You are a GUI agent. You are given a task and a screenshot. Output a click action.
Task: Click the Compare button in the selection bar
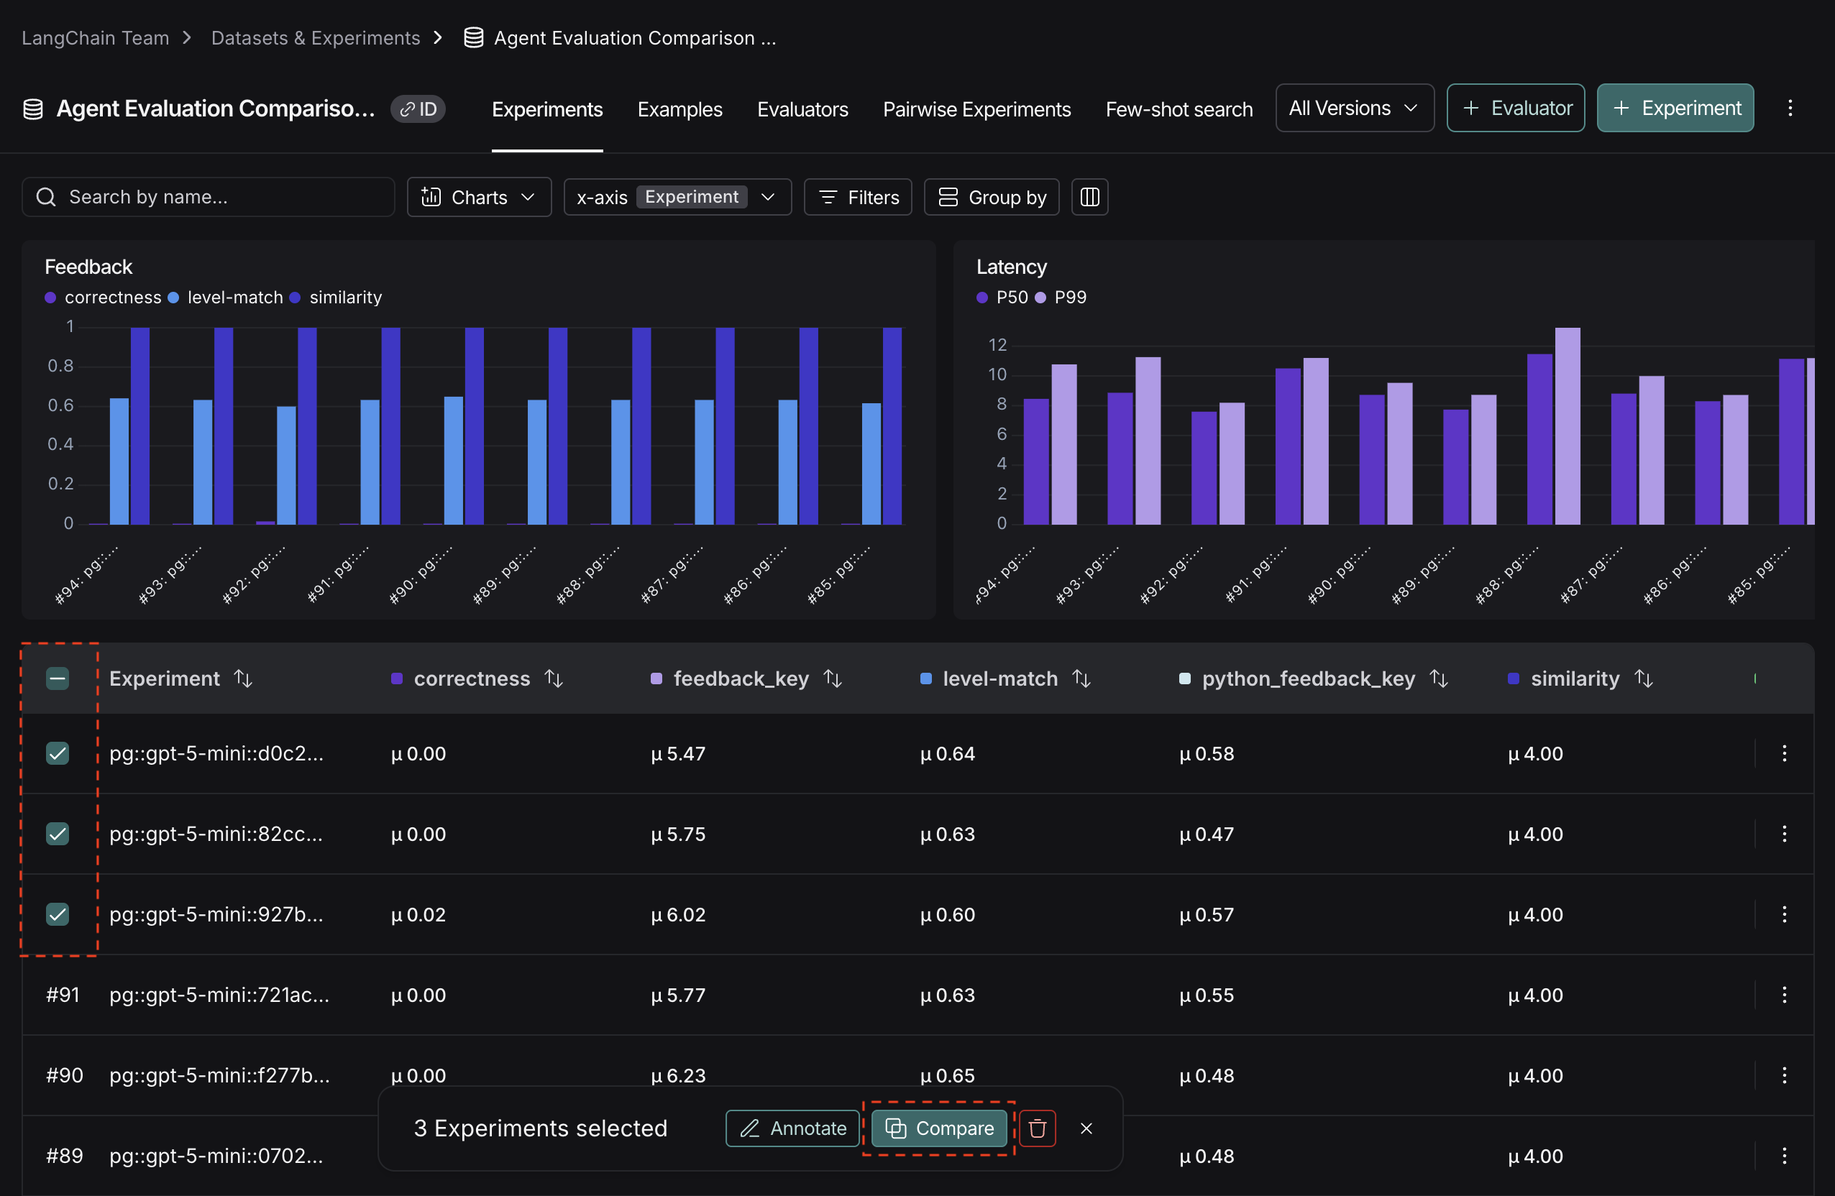point(938,1128)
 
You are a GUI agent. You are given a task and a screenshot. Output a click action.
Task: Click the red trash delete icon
point(1037,1128)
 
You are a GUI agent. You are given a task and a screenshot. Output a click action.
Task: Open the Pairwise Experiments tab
point(976,109)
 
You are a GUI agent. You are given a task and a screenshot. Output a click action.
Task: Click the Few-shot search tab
point(1178,109)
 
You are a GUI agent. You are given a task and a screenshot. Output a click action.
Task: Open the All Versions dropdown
point(1354,108)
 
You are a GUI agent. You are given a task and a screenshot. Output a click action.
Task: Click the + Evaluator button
point(1515,108)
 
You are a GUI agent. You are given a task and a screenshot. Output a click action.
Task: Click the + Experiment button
point(1675,108)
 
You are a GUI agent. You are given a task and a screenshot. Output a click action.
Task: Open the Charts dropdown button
point(479,197)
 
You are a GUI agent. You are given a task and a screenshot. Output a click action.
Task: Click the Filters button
point(857,197)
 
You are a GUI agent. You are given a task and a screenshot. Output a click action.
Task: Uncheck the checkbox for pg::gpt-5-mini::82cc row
point(58,834)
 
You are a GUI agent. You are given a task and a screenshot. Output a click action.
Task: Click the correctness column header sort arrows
point(554,678)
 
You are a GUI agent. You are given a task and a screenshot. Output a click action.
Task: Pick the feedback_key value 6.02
point(678,915)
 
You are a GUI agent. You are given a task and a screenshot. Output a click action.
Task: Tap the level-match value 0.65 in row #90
point(948,1075)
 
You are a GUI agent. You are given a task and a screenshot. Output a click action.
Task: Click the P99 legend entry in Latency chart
point(1062,298)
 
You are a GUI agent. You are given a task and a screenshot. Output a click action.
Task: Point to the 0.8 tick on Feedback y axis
point(60,366)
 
